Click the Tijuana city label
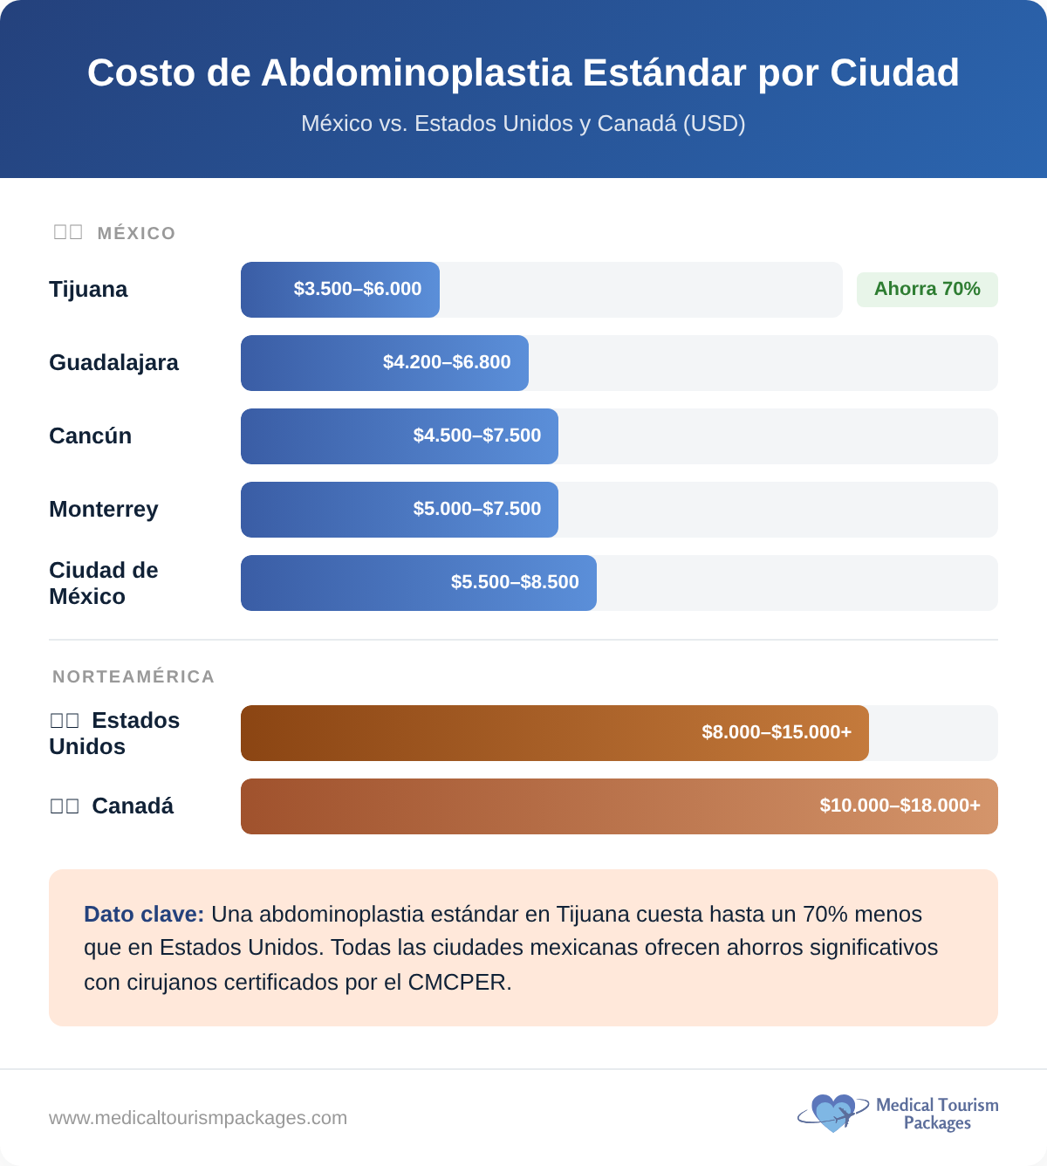pyautogui.click(x=88, y=289)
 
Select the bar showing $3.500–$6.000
pyautogui.click(x=340, y=289)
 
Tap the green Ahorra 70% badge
pyautogui.click(x=927, y=289)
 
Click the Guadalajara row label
pyautogui.click(x=113, y=362)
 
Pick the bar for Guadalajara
pyautogui.click(x=384, y=362)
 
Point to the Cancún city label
pyautogui.click(x=90, y=436)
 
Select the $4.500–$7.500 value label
pyautogui.click(x=476, y=436)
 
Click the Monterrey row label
pyautogui.click(x=103, y=509)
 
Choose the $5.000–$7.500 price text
pyautogui.click(x=476, y=509)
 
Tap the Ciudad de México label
pyautogui.click(x=103, y=583)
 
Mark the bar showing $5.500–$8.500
pyautogui.click(x=419, y=582)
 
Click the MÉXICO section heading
pyautogui.click(x=136, y=233)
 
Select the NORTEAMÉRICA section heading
pyautogui.click(x=133, y=676)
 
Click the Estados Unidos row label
pyautogui.click(x=114, y=733)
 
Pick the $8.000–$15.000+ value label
pyautogui.click(x=777, y=732)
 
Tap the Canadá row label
pyautogui.click(x=132, y=806)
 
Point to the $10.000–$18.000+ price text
pyautogui.click(x=900, y=806)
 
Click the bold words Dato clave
pyautogui.click(x=144, y=914)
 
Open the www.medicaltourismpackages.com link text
pyautogui.click(x=198, y=1118)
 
